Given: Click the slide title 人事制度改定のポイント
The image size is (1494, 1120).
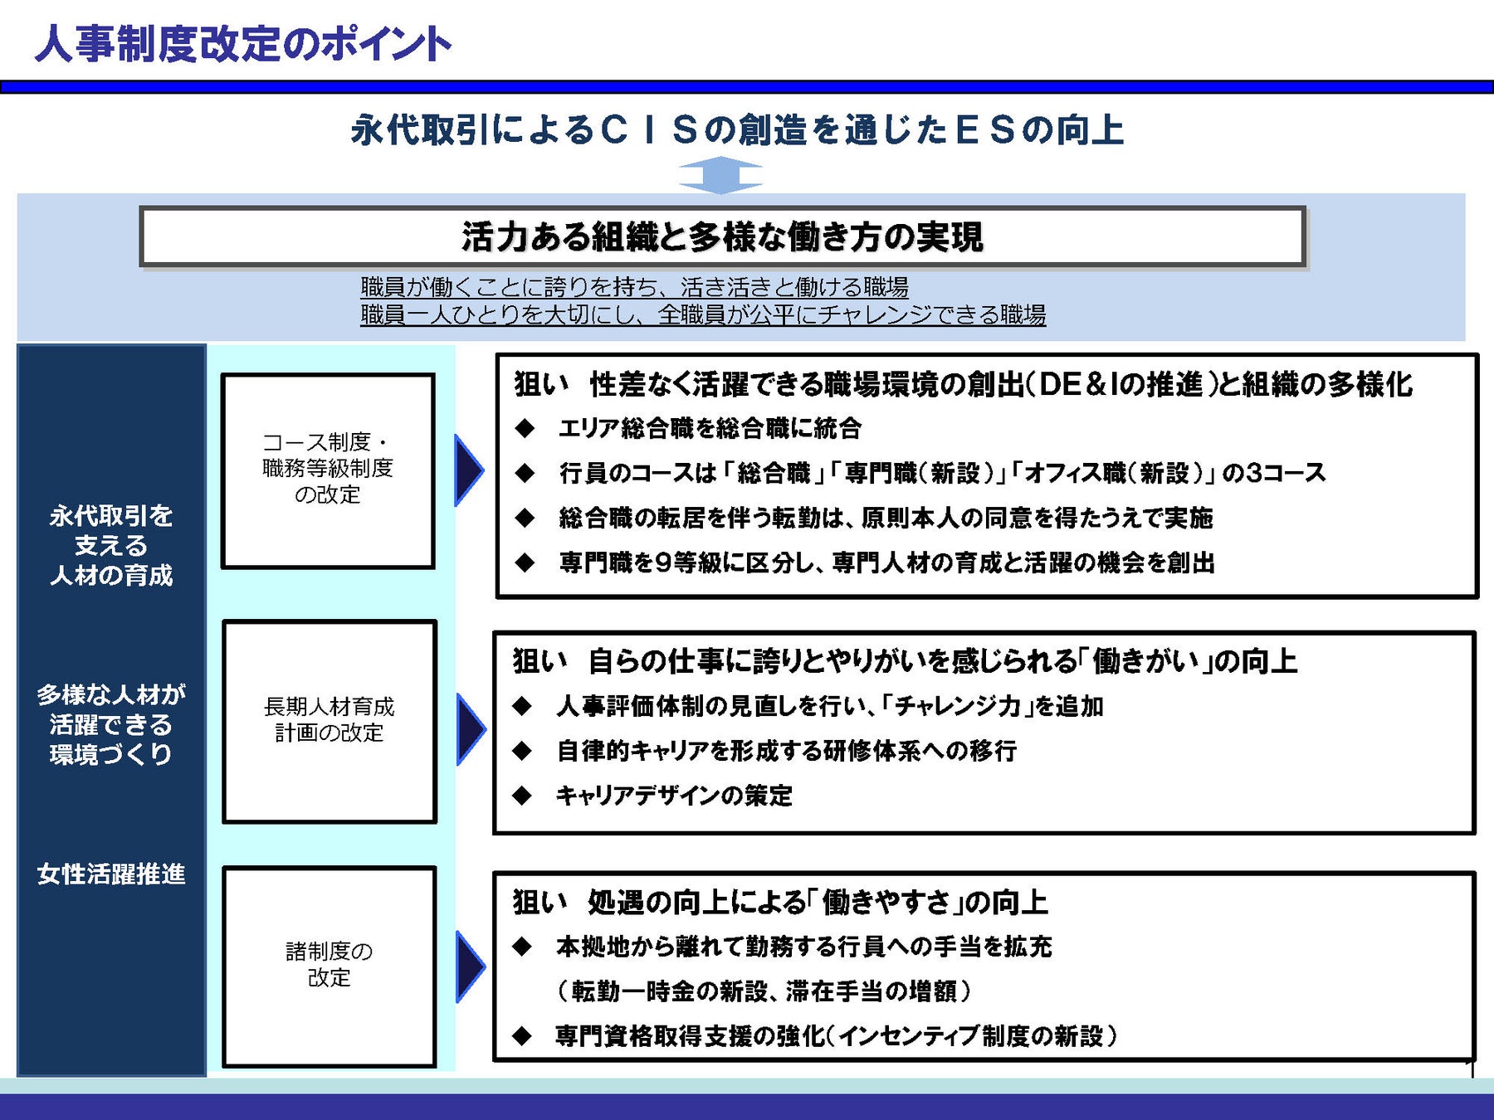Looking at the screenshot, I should point(243,44).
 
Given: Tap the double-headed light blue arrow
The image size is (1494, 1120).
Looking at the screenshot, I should point(720,175).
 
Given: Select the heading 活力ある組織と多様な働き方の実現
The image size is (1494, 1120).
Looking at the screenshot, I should point(722,236).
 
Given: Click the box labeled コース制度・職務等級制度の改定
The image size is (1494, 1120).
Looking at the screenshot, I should point(328,470).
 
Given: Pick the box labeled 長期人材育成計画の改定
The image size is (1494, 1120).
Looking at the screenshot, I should point(330,720).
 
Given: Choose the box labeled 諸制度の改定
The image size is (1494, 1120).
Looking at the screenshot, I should point(330,965).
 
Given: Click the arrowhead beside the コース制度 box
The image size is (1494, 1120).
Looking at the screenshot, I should point(468,470).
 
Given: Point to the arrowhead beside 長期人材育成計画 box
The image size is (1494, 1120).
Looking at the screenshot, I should point(470,729).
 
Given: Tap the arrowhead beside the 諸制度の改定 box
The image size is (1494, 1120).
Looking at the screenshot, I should point(470,966).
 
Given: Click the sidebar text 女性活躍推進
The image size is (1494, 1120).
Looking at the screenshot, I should point(111,874).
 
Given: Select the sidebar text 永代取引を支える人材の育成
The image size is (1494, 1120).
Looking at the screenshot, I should point(111,545).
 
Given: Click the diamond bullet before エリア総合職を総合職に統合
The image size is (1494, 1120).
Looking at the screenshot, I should point(525,428).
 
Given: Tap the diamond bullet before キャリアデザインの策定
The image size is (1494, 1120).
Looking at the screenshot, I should point(522,796).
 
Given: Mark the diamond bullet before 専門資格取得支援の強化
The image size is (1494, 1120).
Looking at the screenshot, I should point(522,1035).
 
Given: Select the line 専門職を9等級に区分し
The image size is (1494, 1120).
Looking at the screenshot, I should point(886,562).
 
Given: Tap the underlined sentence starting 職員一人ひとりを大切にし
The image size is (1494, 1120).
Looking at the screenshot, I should point(703,315).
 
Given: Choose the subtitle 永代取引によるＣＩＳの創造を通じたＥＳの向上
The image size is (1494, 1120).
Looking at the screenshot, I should point(737,130).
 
